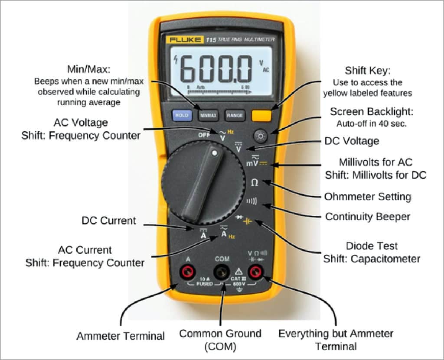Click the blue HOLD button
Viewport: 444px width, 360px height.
(182, 115)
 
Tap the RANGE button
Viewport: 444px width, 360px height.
(235, 116)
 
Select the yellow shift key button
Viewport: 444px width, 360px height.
(261, 115)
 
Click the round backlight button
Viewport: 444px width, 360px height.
(261, 137)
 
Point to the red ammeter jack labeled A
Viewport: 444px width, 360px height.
(188, 272)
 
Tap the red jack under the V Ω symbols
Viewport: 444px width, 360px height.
(256, 272)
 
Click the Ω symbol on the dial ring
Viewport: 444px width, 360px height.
(255, 183)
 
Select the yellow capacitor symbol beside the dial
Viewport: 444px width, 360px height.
(248, 221)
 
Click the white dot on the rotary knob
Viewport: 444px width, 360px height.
(214, 152)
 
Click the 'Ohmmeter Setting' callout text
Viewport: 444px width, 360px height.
(367, 197)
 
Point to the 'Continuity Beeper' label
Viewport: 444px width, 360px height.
(367, 216)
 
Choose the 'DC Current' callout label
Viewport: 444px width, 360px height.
(108, 221)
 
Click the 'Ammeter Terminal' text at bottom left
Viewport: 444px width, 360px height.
(121, 336)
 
